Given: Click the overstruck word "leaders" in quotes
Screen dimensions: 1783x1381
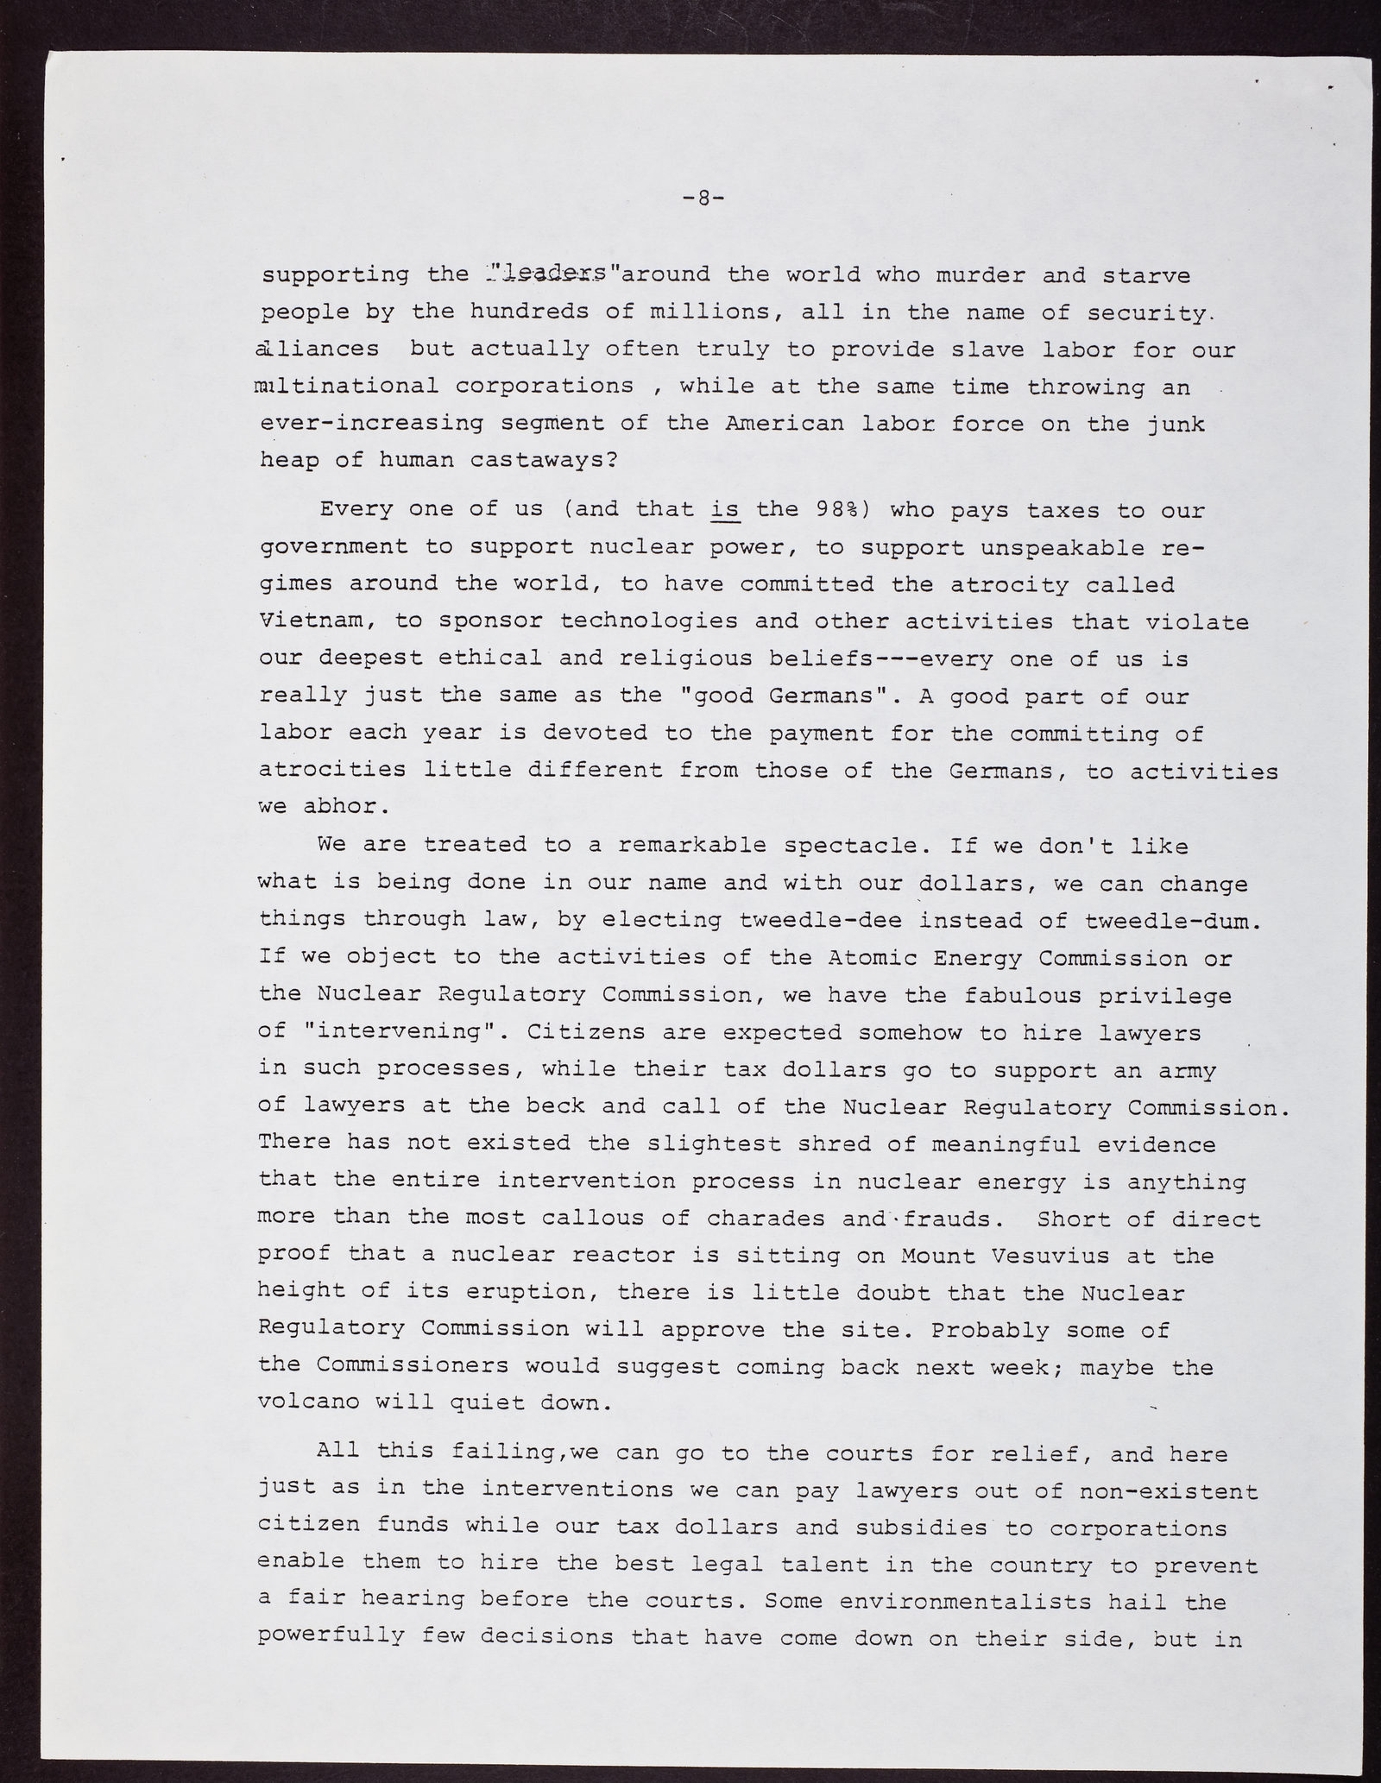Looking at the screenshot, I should click(552, 274).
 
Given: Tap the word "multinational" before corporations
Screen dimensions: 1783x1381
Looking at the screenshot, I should click(346, 386).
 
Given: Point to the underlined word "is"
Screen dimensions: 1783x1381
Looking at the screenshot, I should click(725, 509).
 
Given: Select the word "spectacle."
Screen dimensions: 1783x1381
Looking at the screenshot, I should click(875, 846).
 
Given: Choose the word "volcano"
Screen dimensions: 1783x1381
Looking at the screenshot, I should click(308, 1402).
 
